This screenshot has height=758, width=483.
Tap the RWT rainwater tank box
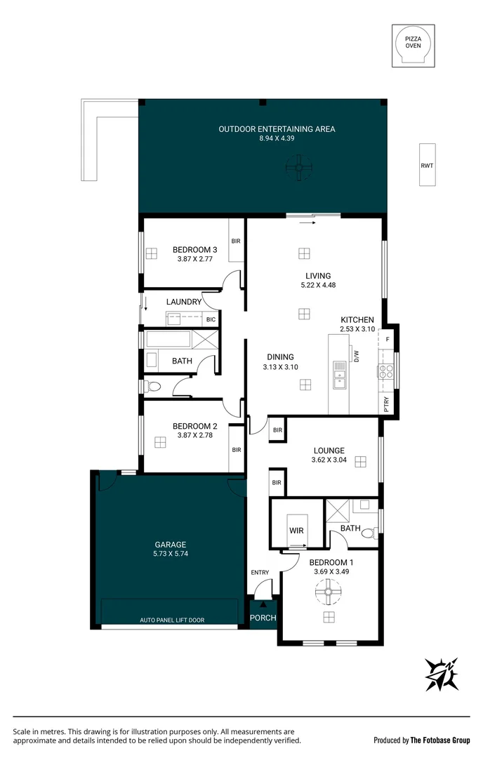coord(427,165)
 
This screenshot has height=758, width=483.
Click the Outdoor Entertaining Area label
coord(277,129)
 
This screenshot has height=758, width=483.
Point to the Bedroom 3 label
coord(194,249)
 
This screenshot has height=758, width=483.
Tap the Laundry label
coord(184,302)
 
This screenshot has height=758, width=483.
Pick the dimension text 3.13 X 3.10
coord(280,367)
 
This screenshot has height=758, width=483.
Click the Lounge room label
coord(329,451)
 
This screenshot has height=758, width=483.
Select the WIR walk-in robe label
coord(296,531)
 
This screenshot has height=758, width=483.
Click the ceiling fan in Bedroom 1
coord(326,594)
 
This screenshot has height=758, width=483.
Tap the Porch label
coord(264,618)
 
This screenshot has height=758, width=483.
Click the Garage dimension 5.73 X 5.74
coord(171,553)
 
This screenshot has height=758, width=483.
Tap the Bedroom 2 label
coord(194,426)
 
